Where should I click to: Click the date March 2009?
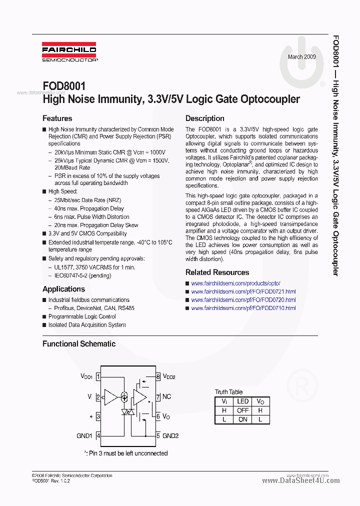click(301, 57)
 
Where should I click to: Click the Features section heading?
click(57, 118)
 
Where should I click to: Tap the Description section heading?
click(204, 118)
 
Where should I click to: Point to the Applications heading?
click(63, 289)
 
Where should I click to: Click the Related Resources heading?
click(217, 272)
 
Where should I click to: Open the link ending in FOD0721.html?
click(243, 291)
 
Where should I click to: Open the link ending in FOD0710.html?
click(243, 308)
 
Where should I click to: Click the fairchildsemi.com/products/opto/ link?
click(235, 283)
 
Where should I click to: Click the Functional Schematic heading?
click(78, 344)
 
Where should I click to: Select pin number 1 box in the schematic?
click(98, 376)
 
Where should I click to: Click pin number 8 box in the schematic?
click(158, 376)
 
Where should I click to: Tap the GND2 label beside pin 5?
click(170, 435)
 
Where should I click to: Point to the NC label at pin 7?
click(166, 397)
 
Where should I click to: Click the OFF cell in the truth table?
click(242, 410)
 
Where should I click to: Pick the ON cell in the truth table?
click(242, 419)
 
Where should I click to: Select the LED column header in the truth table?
click(242, 401)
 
